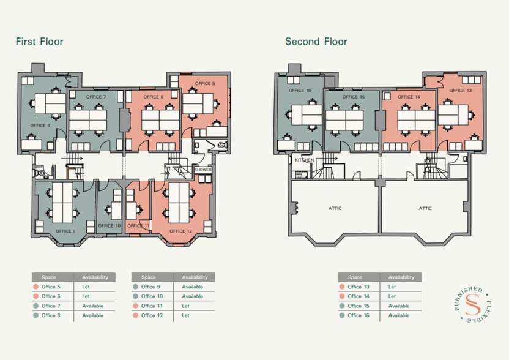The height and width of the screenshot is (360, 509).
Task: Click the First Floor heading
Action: point(39,42)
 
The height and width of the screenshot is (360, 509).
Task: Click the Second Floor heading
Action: point(316,42)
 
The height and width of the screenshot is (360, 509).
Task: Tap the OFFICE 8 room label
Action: point(40,126)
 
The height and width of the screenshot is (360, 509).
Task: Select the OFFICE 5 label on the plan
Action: point(205,83)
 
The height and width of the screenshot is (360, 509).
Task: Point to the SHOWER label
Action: point(203,170)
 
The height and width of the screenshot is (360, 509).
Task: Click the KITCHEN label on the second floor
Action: point(304,160)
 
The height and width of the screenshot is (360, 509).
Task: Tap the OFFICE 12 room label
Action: point(181,231)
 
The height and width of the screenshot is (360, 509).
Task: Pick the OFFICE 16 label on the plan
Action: point(300,91)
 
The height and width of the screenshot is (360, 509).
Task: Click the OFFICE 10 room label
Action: point(109,225)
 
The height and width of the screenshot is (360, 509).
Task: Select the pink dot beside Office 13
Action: point(342,287)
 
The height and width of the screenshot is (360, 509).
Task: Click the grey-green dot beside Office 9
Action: point(135,287)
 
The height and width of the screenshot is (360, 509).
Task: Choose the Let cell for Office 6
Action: point(86,296)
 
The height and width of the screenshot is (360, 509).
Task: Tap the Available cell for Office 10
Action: point(193,296)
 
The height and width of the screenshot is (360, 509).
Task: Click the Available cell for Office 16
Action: point(399,315)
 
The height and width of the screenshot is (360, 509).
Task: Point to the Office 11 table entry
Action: point(152,306)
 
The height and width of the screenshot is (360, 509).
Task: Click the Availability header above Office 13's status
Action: point(401,277)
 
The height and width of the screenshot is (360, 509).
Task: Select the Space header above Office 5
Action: point(49,277)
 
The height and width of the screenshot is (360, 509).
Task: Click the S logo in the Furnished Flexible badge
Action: point(472,305)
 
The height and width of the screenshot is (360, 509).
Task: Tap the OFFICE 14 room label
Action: point(409,97)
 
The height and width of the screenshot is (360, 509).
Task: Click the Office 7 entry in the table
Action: point(51,306)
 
